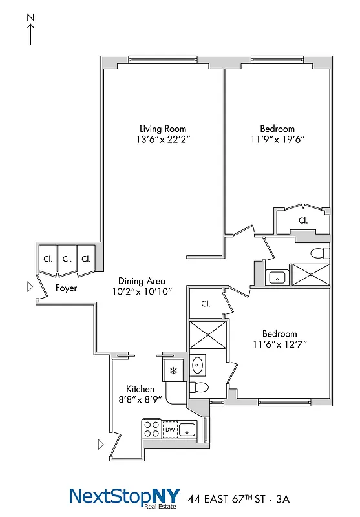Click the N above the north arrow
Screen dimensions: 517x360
tap(30, 19)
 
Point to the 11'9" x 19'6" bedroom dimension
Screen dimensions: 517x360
tap(277, 140)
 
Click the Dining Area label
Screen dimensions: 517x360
tap(142, 281)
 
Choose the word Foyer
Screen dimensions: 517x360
tap(66, 288)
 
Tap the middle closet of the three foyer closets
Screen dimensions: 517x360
tap(67, 258)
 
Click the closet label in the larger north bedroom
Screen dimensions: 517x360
tap(302, 220)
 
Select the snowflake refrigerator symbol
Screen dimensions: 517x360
tap(173, 371)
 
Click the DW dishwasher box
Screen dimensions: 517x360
tap(170, 429)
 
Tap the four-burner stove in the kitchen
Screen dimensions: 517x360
tap(151, 429)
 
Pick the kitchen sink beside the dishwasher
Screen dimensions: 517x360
tap(188, 429)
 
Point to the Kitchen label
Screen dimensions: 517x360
tap(140, 389)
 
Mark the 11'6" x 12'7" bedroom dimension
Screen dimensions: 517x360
tap(279, 344)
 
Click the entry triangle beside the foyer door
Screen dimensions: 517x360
tap(28, 286)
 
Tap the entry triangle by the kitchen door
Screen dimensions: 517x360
tap(100, 444)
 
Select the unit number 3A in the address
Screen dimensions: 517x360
tap(284, 499)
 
